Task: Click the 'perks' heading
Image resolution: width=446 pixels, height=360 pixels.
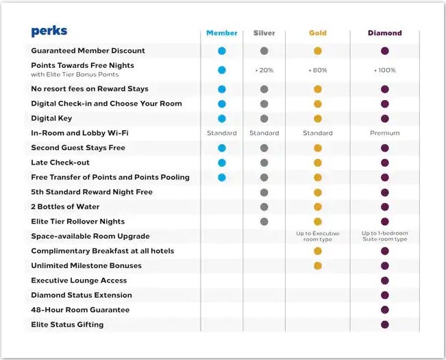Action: point(49,32)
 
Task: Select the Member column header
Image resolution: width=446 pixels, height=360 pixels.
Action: point(222,33)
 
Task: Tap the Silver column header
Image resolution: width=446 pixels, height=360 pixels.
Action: point(264,33)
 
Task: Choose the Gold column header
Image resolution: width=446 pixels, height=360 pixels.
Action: point(317,33)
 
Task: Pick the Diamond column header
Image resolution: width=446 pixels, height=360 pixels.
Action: point(384,33)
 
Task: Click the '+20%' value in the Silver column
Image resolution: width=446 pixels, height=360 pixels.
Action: point(264,70)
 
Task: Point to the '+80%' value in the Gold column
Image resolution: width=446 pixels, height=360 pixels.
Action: point(317,70)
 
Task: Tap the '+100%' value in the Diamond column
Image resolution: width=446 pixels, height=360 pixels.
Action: point(384,70)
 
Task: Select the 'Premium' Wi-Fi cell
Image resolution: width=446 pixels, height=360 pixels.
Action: point(384,133)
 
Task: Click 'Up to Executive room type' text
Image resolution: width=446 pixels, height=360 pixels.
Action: point(317,237)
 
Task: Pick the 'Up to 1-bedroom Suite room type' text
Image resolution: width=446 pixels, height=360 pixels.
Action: point(384,237)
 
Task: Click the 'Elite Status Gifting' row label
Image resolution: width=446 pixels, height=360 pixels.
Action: point(67,324)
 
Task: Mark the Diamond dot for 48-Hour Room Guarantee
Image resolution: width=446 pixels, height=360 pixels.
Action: point(384,310)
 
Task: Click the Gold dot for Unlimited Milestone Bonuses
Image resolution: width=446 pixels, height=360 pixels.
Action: point(317,265)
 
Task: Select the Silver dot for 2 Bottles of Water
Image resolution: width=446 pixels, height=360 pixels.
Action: point(264,206)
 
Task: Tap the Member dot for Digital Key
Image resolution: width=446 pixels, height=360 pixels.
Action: point(222,119)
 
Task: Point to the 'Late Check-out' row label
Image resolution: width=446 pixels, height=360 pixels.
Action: point(60,163)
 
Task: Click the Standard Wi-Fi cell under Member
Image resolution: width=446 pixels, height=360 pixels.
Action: point(222,133)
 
